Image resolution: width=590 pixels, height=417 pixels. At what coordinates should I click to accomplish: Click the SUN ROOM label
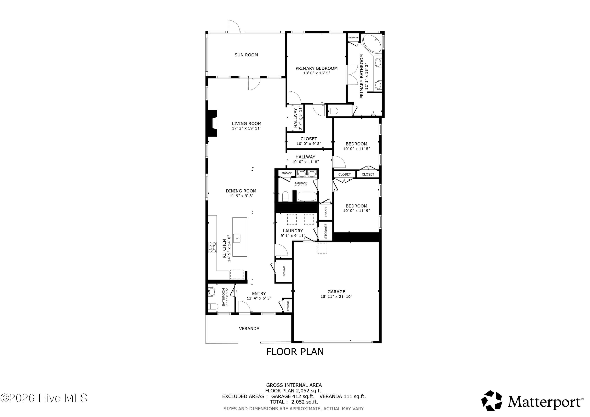click(246, 55)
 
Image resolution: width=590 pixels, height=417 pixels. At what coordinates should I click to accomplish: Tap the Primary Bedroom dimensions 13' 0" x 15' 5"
click(316, 73)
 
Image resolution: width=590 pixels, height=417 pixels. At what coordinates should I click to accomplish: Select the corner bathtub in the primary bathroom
click(372, 43)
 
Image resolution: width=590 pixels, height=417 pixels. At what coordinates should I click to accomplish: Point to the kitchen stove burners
click(212, 247)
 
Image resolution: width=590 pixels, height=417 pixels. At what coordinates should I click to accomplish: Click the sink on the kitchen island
click(237, 238)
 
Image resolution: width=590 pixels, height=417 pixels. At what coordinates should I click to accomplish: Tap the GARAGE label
click(336, 292)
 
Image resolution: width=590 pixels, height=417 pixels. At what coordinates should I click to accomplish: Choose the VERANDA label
click(249, 328)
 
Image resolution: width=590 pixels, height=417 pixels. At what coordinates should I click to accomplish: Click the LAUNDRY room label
click(293, 231)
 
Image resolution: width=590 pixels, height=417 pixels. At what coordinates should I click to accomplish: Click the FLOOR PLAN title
click(295, 352)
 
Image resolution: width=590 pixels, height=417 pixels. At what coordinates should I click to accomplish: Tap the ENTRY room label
click(259, 293)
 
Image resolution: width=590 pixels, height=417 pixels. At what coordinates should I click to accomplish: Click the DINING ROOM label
click(241, 191)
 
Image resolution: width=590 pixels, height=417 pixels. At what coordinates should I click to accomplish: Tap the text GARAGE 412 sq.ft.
click(293, 396)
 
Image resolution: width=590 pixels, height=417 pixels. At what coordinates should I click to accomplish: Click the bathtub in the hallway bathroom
click(307, 197)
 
